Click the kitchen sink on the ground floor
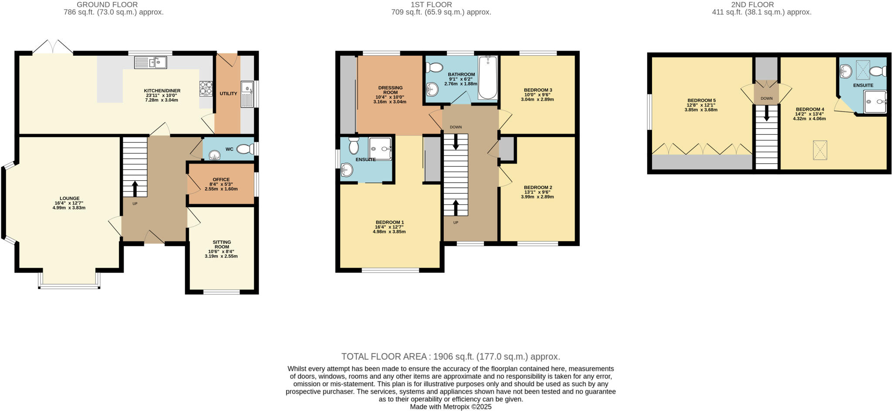tap(151, 63)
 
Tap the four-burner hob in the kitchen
tap(206, 88)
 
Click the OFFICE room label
tap(221, 179)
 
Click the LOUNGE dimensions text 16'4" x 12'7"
tap(69, 203)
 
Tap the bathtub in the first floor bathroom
tap(488, 77)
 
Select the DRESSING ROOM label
tap(390, 90)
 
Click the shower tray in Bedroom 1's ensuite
tap(380, 149)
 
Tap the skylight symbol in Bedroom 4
tap(820, 151)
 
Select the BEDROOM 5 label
tap(701, 101)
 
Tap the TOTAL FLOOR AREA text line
tap(450, 357)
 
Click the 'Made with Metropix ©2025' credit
tap(450, 407)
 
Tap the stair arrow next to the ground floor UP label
tap(134, 189)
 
